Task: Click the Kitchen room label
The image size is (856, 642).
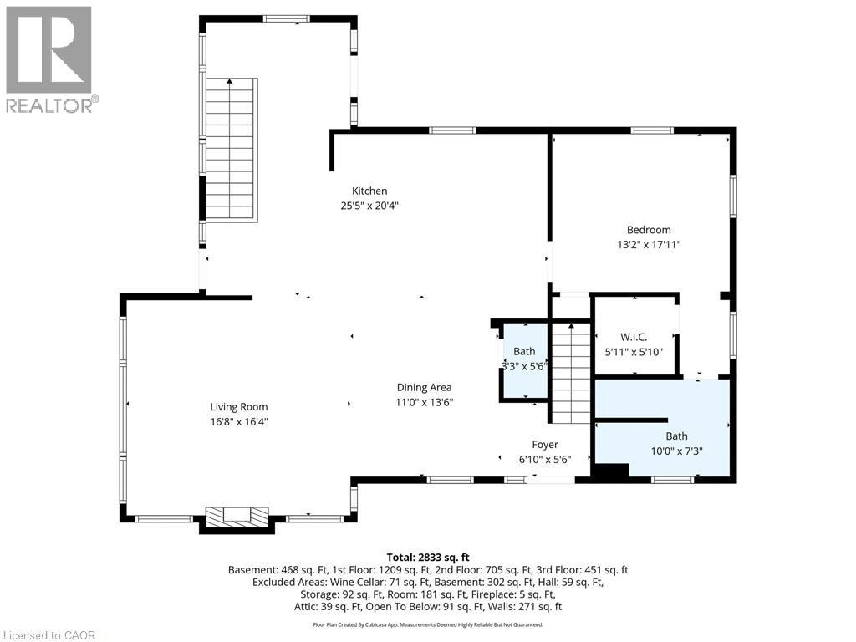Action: pos(369,191)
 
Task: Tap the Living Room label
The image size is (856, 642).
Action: pos(239,407)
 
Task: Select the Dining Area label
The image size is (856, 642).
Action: pos(424,387)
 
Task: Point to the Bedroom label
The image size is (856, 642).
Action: pos(649,230)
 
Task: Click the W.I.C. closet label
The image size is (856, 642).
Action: pos(634,337)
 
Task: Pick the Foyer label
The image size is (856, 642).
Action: pos(545,445)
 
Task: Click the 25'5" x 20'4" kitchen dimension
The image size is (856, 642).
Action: pos(369,206)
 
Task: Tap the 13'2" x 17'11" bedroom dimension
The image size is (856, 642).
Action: pos(649,245)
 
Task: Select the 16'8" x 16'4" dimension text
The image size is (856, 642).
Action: pos(239,422)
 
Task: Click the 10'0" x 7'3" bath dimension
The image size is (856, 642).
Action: pos(677,451)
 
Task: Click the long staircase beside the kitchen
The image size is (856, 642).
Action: pos(230,150)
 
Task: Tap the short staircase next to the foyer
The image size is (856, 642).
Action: pos(571,372)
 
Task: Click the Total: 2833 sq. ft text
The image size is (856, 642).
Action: pos(427,556)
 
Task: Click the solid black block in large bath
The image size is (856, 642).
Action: pos(609,471)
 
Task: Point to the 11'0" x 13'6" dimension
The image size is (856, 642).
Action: pos(424,402)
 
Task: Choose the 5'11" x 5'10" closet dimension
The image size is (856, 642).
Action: pos(634,352)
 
